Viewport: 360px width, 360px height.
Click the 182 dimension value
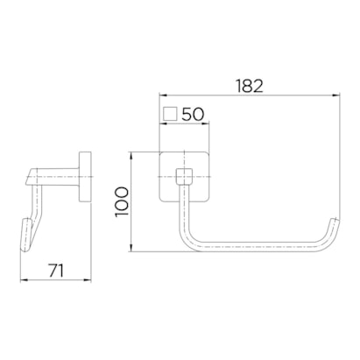coord(250,86)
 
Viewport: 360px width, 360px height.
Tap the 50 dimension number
coord(193,114)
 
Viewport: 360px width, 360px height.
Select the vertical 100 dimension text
coord(122,201)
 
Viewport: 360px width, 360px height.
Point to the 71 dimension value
coord(56,271)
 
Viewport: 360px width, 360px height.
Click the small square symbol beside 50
coord(170,114)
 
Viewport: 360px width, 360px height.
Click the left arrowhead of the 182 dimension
coord(162,95)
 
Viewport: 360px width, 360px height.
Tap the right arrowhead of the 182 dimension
coord(336,95)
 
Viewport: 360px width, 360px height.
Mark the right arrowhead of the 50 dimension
coord(206,124)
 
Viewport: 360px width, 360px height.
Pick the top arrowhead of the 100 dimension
coord(131,155)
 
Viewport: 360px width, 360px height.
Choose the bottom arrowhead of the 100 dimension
coord(131,248)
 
